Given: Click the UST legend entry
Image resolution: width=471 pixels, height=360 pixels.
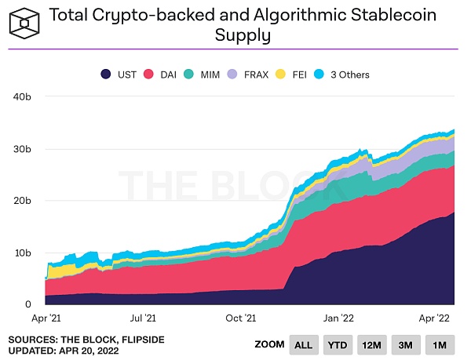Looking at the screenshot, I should pos(119,75).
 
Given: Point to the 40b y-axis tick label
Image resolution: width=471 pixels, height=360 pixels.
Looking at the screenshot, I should pos(22,96).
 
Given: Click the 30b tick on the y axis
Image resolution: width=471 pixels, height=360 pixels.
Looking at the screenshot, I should pos(22,149).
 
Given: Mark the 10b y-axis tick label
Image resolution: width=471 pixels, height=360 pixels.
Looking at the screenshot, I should pos(22,253).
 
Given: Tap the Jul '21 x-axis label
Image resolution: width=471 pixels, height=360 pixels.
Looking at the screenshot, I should pos(143,318).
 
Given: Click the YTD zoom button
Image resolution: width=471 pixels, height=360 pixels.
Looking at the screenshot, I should pos(338,344).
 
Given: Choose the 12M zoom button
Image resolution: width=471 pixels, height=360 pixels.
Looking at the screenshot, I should pos(373,344).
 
